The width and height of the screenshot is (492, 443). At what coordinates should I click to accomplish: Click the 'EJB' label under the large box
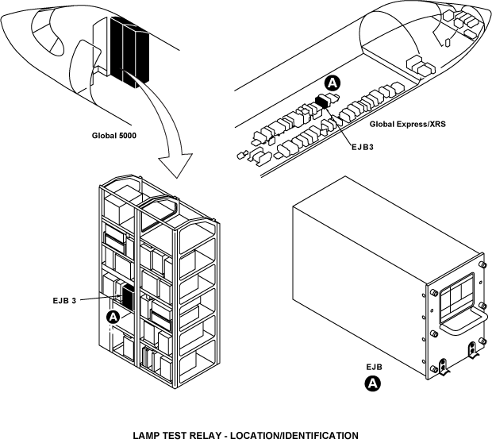[375, 368]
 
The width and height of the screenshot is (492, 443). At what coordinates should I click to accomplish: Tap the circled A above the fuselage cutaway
[333, 82]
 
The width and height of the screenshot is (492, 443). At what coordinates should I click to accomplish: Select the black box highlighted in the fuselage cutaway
[322, 101]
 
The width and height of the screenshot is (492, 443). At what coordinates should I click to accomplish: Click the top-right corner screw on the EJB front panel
[484, 264]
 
